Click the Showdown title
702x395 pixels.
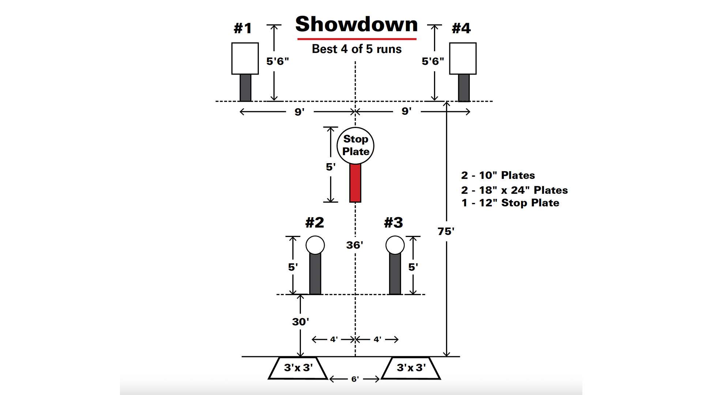point(356,24)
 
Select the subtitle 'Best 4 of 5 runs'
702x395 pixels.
point(356,49)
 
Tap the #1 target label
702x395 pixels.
point(243,28)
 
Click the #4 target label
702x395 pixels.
point(461,28)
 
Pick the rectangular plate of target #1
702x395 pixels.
point(245,59)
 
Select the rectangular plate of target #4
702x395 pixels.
point(463,59)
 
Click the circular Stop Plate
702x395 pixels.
point(355,145)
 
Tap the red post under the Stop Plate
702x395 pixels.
point(355,183)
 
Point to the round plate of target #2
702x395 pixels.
point(315,245)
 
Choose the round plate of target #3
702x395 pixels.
point(395,245)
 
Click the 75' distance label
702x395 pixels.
point(446,231)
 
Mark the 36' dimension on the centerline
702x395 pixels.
point(355,245)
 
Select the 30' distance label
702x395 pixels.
point(300,322)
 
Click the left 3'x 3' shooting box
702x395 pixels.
point(298,368)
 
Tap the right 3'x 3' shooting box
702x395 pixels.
point(411,368)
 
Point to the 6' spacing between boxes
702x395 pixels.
point(355,379)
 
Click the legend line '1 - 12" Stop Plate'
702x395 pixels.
point(510,203)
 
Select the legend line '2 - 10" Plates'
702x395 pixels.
point(498,176)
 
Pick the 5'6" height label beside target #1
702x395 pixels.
point(278,61)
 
